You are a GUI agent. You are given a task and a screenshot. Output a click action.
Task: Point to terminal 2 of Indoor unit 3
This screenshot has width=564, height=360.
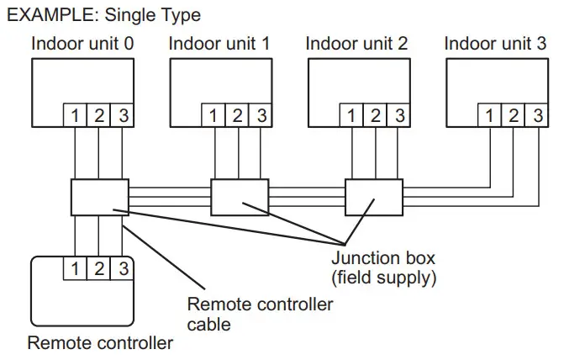[514, 115]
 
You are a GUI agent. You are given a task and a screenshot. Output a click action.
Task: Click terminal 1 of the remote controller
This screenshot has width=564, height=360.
[75, 269]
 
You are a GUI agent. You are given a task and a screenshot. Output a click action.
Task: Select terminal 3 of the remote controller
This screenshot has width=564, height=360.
[123, 269]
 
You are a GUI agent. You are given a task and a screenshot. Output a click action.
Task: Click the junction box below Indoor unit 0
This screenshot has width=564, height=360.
[99, 197]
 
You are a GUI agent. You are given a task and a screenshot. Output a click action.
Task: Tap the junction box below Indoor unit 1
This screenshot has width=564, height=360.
[239, 197]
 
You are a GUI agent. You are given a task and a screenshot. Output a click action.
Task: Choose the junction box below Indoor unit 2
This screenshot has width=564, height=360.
[375, 197]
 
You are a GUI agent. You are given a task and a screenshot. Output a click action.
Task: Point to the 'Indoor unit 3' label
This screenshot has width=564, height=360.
[494, 44]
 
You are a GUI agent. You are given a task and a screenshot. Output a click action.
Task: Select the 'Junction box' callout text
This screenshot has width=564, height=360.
[376, 257]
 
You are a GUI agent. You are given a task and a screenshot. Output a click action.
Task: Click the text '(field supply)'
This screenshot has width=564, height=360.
[377, 276]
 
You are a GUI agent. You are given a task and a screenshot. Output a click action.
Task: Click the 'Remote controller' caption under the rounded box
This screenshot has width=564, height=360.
[100, 343]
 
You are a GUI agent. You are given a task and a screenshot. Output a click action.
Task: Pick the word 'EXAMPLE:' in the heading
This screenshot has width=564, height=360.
[47, 15]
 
